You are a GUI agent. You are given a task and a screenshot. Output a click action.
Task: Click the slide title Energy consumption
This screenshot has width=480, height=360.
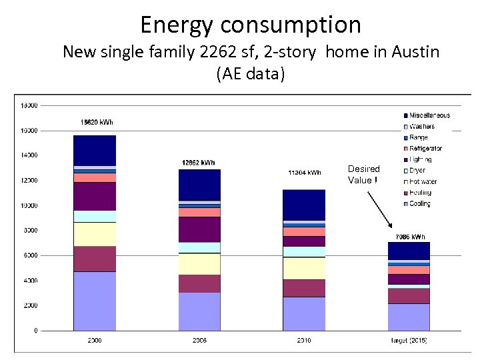coord(250,25)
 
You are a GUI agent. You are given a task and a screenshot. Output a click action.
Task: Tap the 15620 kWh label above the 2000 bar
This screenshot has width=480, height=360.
coord(97,122)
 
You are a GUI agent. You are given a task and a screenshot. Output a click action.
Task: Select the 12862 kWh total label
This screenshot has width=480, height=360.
coord(199,163)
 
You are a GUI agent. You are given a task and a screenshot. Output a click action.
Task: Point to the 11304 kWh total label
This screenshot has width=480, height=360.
coord(304,173)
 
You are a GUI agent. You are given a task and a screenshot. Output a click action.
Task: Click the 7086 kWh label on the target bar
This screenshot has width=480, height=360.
coord(410,237)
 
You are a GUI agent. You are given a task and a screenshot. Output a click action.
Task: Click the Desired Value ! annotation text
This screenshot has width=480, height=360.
coord(364,175)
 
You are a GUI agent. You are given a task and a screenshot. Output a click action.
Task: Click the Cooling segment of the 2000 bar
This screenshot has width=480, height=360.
coord(95,301)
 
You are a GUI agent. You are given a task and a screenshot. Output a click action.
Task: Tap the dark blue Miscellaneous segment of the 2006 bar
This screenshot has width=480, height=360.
coord(199,185)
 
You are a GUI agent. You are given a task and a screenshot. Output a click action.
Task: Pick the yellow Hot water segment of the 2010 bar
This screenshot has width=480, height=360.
coord(304,268)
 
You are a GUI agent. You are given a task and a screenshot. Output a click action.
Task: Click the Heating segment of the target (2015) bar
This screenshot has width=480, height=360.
coord(409,295)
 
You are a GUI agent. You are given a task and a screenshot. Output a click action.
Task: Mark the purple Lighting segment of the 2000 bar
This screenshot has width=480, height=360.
coord(95,196)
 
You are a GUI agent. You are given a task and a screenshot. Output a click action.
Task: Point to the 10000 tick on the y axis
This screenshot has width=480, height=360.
coord(29,205)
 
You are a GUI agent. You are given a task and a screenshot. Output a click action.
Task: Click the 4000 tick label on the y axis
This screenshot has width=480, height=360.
coord(30,281)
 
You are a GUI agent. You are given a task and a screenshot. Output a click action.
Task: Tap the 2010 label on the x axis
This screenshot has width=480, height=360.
coord(304,341)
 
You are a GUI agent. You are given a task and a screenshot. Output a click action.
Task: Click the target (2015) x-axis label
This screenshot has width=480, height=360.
coord(409,341)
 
